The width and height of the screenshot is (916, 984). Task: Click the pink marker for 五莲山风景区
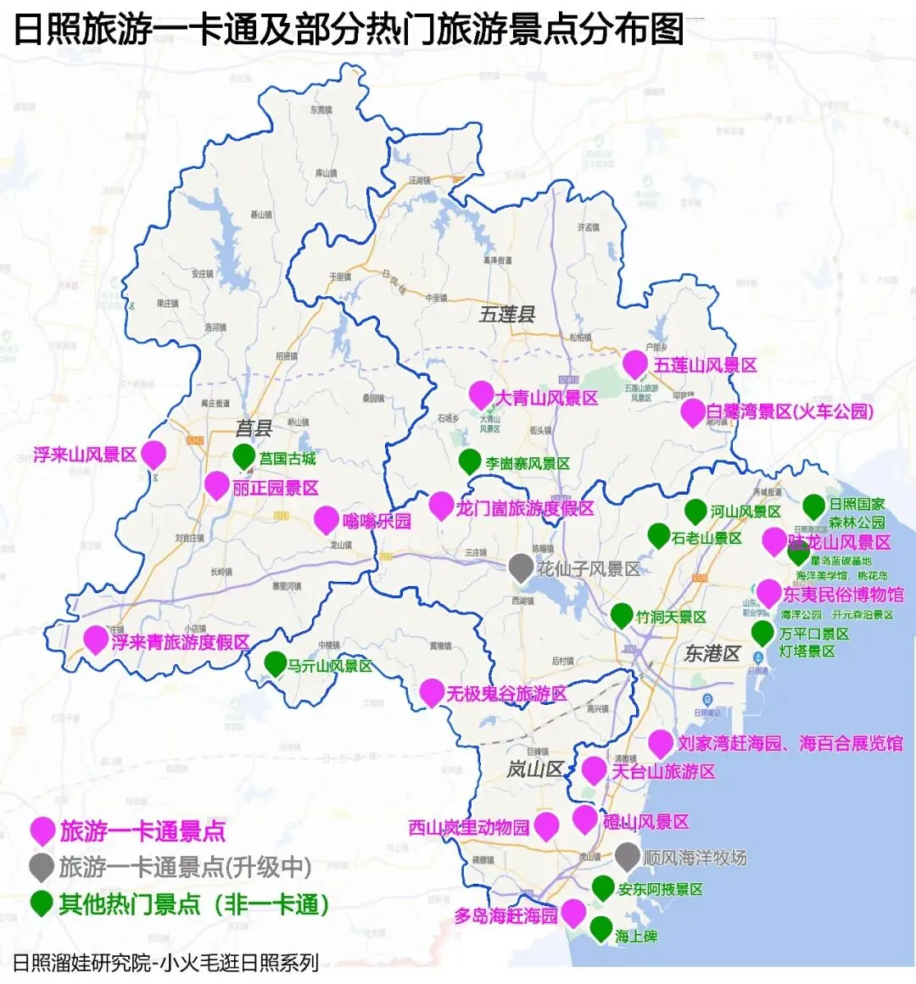tap(635, 363)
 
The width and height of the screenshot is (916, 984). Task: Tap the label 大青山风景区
tap(546, 398)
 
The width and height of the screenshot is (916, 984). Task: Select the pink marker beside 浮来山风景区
tap(154, 454)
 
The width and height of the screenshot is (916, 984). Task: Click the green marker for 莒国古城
tap(244, 456)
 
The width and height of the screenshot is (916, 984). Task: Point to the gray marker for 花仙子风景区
tap(521, 567)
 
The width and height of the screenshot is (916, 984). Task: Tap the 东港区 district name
tap(712, 653)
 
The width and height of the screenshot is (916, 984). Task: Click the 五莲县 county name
tap(507, 315)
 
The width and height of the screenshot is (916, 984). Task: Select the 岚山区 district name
tap(535, 769)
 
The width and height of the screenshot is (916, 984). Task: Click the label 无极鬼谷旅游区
tap(506, 694)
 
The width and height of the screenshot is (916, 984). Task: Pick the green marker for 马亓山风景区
tap(276, 663)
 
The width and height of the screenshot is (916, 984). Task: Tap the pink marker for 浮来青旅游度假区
tap(97, 640)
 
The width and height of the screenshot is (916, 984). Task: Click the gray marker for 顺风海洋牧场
tap(627, 856)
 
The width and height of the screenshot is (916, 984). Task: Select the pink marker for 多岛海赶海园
tap(573, 912)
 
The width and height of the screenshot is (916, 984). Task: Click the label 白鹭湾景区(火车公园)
tap(790, 412)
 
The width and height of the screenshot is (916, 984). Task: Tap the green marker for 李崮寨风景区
tap(470, 461)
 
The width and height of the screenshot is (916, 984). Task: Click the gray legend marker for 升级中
tap(42, 867)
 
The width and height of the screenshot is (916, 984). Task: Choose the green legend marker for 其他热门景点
tap(42, 903)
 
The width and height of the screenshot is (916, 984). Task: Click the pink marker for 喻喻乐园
tap(327, 519)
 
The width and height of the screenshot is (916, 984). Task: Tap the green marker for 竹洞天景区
tap(622, 615)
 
